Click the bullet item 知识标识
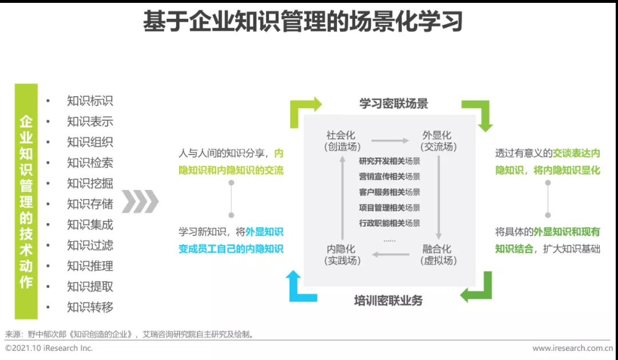(90, 101)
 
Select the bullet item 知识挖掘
(90, 183)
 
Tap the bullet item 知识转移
(90, 307)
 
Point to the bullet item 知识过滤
(90, 245)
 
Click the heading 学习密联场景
(394, 104)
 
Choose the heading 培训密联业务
(389, 300)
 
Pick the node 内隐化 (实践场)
(341, 255)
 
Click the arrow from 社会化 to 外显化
(390, 140)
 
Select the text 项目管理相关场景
(390, 207)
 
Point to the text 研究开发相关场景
(390, 161)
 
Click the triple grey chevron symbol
(140, 201)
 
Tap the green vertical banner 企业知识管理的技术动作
(26, 201)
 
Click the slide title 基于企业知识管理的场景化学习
(302, 23)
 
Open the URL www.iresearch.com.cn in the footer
(572, 348)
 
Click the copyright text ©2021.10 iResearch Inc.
(49, 348)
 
